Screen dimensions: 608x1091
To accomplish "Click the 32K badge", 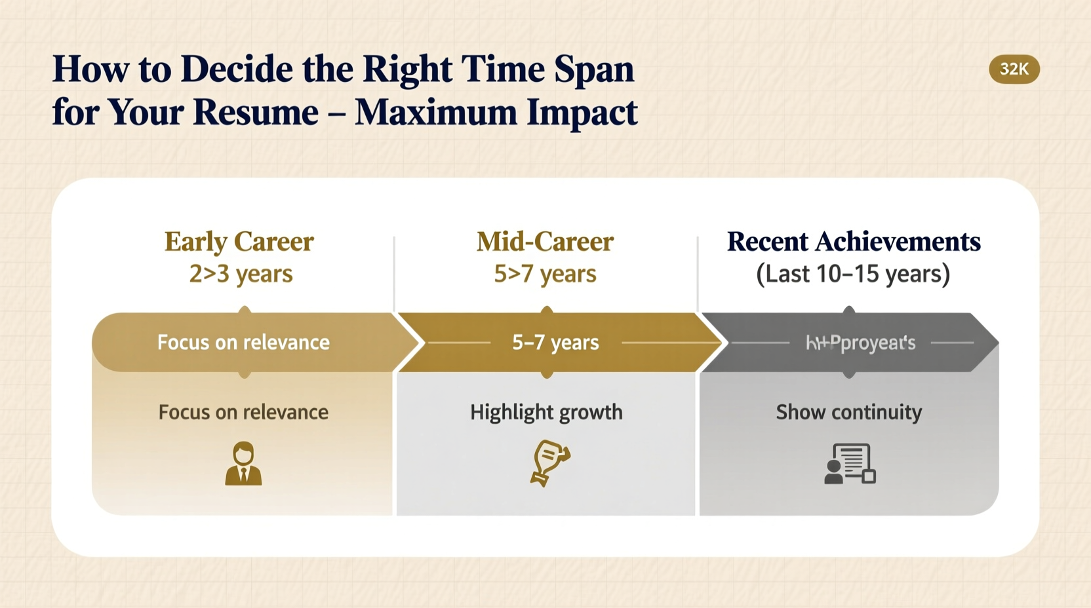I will pyautogui.click(x=1014, y=69).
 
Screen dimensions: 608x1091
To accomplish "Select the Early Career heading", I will pyautogui.click(x=239, y=242).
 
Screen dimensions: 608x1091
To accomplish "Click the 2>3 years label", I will pyautogui.click(x=241, y=273).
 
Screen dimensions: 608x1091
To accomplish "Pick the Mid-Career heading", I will pyautogui.click(x=545, y=242).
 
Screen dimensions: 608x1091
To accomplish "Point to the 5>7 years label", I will pyautogui.click(x=545, y=273).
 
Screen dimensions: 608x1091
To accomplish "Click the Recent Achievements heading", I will pyautogui.click(x=853, y=242).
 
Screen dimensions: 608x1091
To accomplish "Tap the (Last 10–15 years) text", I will pyautogui.click(x=853, y=273).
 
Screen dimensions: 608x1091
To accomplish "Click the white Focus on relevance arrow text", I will pyautogui.click(x=243, y=342).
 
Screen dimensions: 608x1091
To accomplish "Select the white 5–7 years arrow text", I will pyautogui.click(x=555, y=342).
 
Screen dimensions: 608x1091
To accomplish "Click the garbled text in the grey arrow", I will pyautogui.click(x=860, y=343).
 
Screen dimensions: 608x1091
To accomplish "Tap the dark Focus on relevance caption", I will pyautogui.click(x=243, y=412).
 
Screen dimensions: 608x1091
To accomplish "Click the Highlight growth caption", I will pyautogui.click(x=546, y=412).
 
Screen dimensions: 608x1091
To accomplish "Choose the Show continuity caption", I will pyautogui.click(x=848, y=412).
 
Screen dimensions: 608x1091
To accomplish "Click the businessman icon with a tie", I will pyautogui.click(x=243, y=464).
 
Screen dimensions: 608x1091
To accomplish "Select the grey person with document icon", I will pyautogui.click(x=850, y=464).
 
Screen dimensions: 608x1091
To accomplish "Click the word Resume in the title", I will pyautogui.click(x=256, y=112).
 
